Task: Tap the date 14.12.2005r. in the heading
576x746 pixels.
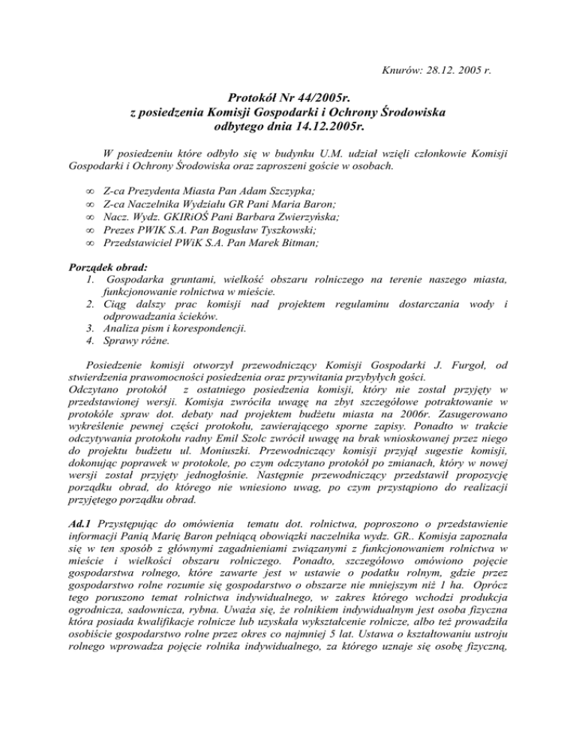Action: [325, 128]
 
